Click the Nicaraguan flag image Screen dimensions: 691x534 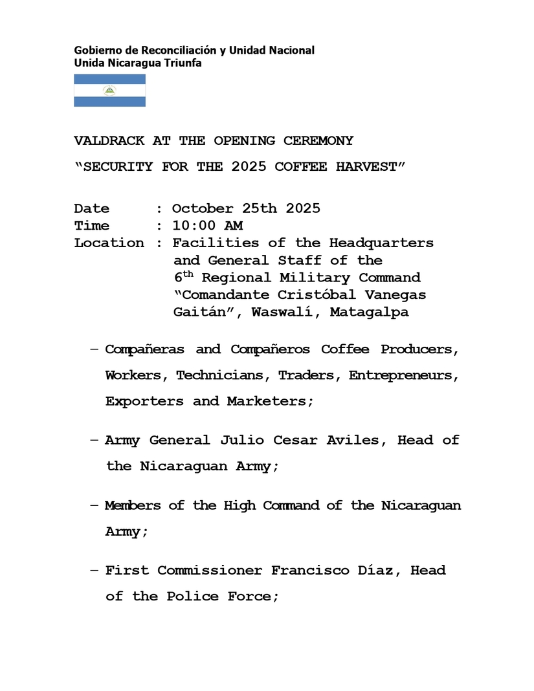point(109,91)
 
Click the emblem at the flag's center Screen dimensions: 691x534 point(109,91)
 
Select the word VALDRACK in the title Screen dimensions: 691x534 point(109,140)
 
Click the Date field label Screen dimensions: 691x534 point(92,208)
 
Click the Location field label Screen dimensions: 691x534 point(109,243)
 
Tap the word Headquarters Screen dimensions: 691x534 point(381,243)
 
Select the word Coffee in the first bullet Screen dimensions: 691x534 point(345,349)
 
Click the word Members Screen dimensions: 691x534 point(133,505)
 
